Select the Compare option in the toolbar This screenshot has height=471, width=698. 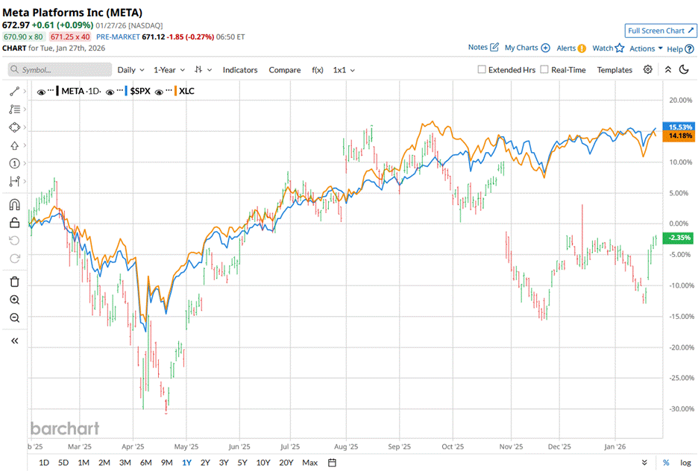tap(284, 69)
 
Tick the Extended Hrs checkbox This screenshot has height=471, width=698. tap(482, 69)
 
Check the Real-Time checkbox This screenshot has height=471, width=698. tap(544, 69)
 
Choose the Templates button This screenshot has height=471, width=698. tap(614, 69)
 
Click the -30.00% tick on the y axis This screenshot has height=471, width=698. tap(679, 409)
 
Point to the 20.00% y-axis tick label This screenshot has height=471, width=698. tap(679, 100)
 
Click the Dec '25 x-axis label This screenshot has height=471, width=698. tap(559, 446)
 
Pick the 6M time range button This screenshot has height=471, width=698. tap(145, 462)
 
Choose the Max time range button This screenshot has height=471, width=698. tap(309, 462)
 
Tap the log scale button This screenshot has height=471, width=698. tap(685, 462)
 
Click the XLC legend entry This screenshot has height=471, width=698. tap(186, 91)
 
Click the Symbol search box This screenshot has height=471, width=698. tap(60, 69)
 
